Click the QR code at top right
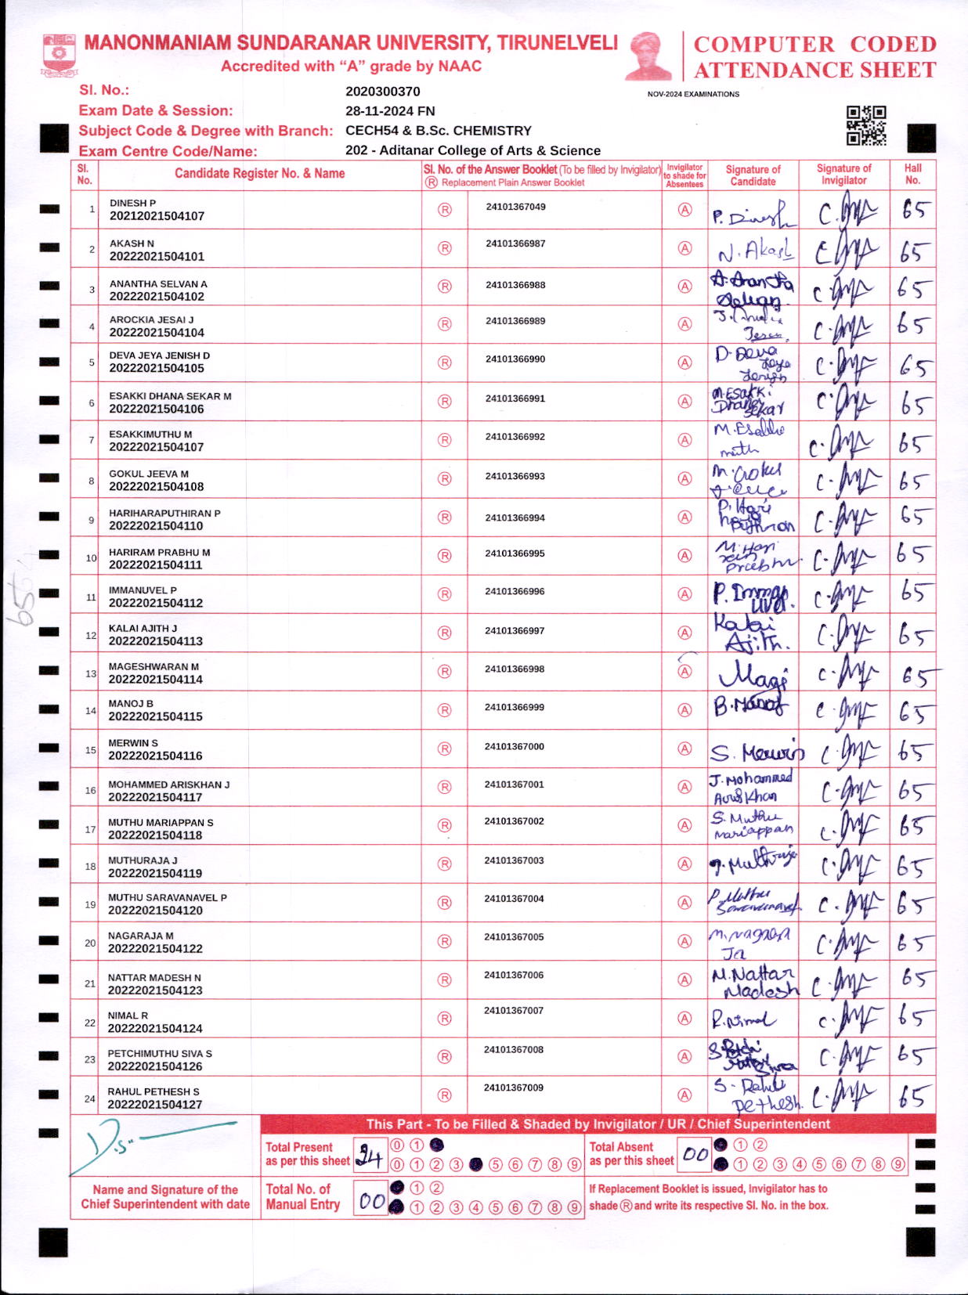[x=865, y=126]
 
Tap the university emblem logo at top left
[x=60, y=54]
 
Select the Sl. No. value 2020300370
[x=382, y=92]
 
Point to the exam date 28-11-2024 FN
[x=390, y=111]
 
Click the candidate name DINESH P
[x=132, y=203]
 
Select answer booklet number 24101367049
[x=515, y=207]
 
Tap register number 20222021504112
[x=156, y=603]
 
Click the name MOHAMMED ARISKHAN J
[x=168, y=784]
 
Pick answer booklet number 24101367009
[x=513, y=1088]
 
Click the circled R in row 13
[x=444, y=671]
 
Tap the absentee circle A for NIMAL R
[x=684, y=1018]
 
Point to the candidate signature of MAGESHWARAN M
[x=753, y=673]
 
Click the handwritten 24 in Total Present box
[x=370, y=1154]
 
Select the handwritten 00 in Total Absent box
[x=694, y=1154]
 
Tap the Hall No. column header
[x=912, y=174]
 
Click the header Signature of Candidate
[x=753, y=175]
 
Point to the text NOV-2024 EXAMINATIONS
[x=693, y=94]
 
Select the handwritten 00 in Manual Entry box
[x=371, y=1200]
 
